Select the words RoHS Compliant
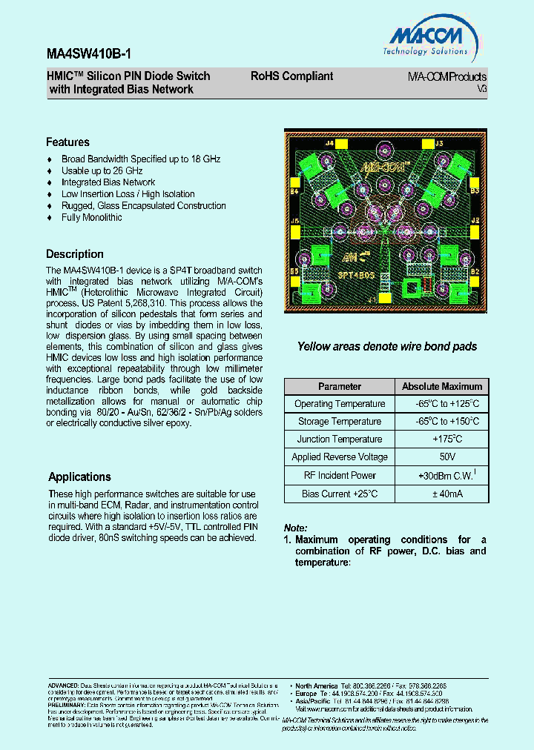[x=291, y=76]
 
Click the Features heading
[x=67, y=142]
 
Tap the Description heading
[x=75, y=254]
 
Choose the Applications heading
[x=79, y=477]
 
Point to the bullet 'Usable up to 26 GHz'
[x=102, y=170]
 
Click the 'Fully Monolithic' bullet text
[x=91, y=218]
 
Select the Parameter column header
[x=340, y=387]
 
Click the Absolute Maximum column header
[x=442, y=387]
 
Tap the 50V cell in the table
[x=442, y=457]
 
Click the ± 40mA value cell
[x=442, y=494]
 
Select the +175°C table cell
[x=442, y=439]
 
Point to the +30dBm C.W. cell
[x=442, y=476]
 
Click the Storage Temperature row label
[x=340, y=422]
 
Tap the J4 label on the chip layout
[x=309, y=141]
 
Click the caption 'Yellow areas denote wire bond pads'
[x=386, y=347]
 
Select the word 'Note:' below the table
[x=296, y=528]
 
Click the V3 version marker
[x=481, y=88]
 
